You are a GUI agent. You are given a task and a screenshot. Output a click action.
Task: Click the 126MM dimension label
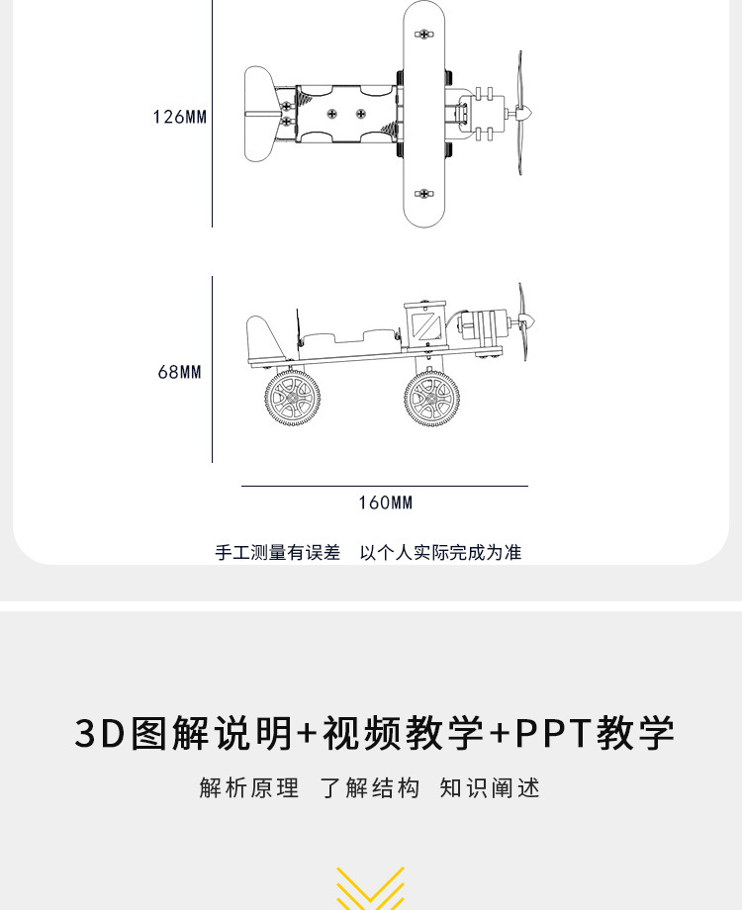(x=180, y=117)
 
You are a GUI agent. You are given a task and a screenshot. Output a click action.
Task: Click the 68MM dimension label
(x=179, y=372)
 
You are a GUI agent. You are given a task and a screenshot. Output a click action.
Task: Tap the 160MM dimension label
(x=385, y=502)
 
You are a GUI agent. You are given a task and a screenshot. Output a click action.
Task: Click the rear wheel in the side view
(x=292, y=398)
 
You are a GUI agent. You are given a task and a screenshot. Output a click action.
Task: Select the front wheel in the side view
(x=431, y=399)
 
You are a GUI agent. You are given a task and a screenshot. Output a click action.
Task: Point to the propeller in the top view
(x=520, y=113)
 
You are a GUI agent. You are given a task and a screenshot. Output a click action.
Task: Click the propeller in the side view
(x=523, y=320)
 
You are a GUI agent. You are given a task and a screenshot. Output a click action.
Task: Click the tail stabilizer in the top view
(x=258, y=114)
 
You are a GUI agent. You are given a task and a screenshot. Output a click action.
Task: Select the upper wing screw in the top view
(x=424, y=35)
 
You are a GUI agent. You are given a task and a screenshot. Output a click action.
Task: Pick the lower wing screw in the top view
(x=424, y=194)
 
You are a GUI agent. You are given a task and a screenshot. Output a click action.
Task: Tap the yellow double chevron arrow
(x=370, y=888)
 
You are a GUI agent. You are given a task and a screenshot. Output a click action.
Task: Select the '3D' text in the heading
(x=99, y=733)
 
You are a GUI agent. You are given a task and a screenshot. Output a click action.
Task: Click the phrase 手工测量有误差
(x=277, y=552)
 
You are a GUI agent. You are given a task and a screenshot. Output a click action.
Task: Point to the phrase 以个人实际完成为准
(x=440, y=552)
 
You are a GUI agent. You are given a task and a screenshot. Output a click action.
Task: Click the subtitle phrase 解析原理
(x=248, y=788)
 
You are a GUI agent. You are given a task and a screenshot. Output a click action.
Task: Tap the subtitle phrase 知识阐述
(x=490, y=788)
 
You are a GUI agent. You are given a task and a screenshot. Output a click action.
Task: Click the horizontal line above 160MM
(x=385, y=486)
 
